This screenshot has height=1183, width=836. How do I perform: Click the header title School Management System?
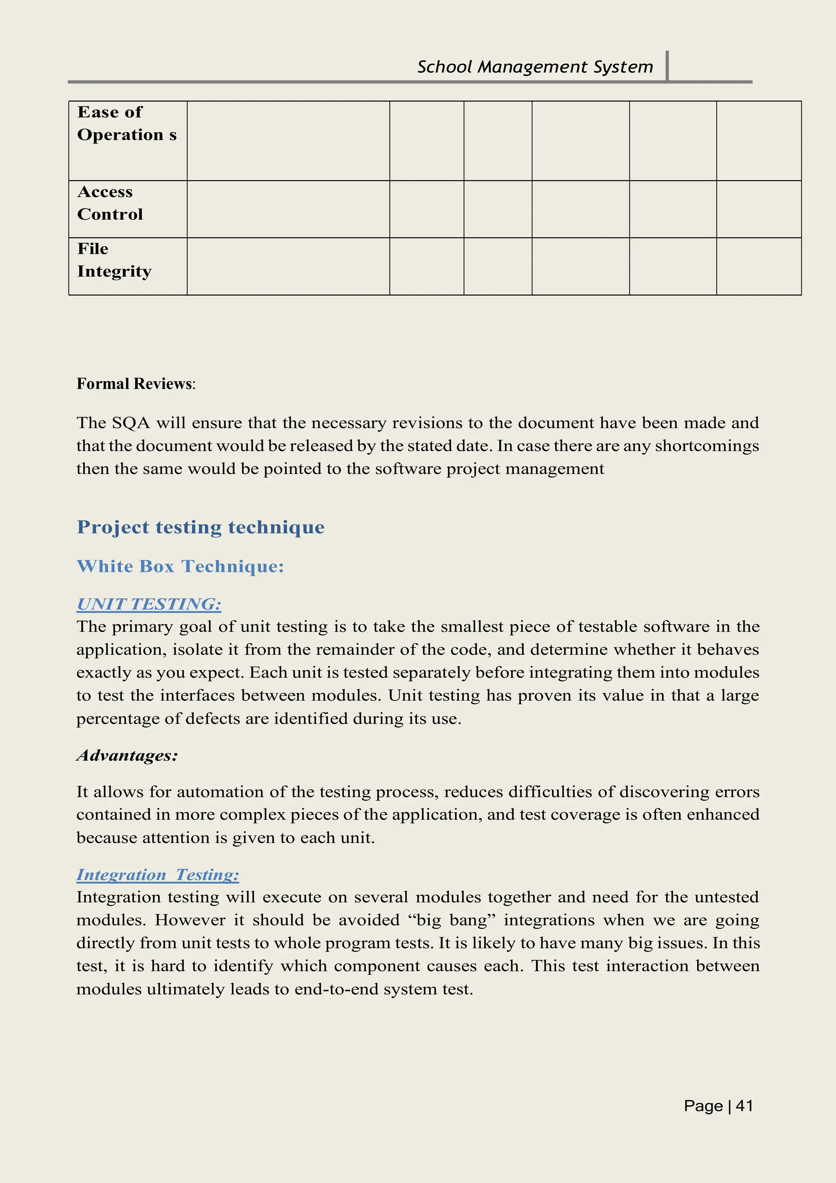(x=535, y=67)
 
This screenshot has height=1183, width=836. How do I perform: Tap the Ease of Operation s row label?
(x=126, y=124)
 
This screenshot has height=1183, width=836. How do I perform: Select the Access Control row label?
(x=110, y=203)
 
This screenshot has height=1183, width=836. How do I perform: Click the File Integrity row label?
(x=114, y=260)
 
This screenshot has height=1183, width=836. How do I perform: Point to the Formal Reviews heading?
(x=136, y=384)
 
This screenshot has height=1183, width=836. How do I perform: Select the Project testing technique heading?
(x=200, y=527)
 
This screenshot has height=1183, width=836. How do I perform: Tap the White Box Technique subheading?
(x=180, y=566)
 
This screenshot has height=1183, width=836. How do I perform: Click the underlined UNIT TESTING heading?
(x=149, y=604)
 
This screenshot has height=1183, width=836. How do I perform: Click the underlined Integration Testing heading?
(x=158, y=874)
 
